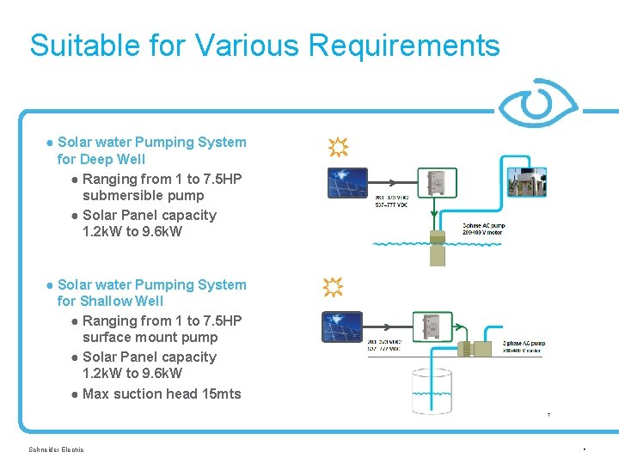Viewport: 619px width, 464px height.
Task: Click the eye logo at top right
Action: tap(539, 104)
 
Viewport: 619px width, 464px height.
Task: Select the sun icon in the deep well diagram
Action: tap(338, 148)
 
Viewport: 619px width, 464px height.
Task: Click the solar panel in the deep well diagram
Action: tap(346, 183)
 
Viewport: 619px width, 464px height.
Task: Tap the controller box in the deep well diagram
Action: tap(437, 184)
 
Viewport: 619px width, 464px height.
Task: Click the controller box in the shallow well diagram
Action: tap(432, 326)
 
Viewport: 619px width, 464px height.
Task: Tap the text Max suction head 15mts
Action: tap(162, 394)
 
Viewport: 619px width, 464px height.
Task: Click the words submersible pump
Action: tap(143, 195)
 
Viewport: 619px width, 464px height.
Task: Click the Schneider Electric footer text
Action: tap(56, 449)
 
